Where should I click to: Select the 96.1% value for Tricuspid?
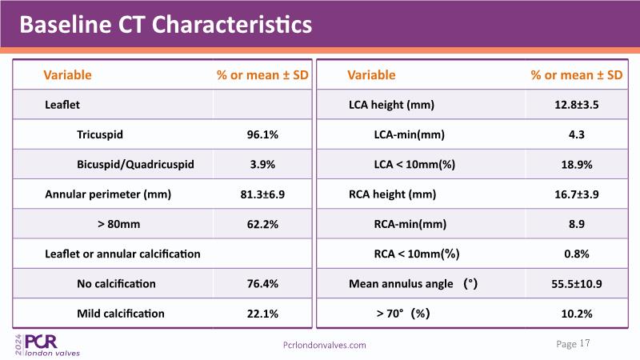click(x=262, y=134)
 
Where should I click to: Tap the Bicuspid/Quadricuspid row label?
click(x=135, y=164)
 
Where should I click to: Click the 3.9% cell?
click(x=262, y=164)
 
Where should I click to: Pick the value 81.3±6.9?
click(x=262, y=194)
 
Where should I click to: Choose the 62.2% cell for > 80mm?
click(x=262, y=224)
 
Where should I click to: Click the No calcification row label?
click(x=116, y=283)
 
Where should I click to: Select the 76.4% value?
click(x=262, y=283)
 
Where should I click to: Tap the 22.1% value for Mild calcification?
click(x=262, y=313)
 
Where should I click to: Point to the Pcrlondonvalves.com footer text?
click(x=325, y=345)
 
